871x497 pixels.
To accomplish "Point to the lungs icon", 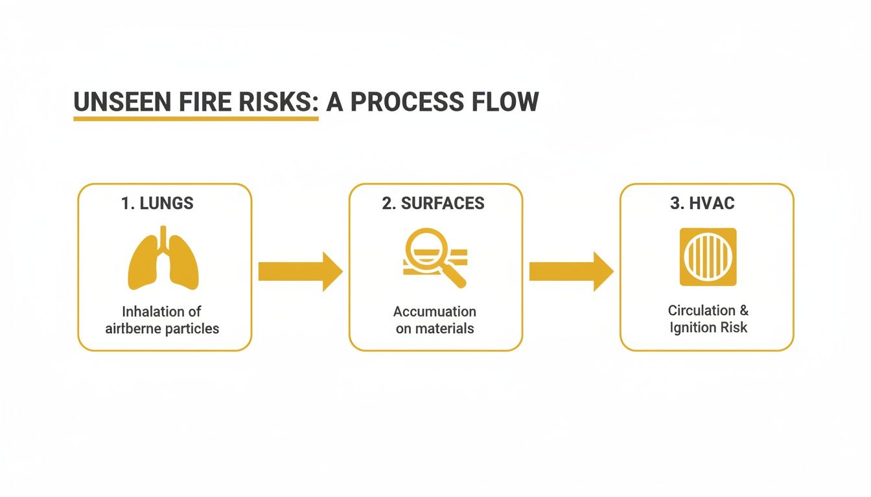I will coord(163,259).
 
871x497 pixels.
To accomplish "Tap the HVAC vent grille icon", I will coord(708,257).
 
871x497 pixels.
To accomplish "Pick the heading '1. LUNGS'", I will coord(157,203).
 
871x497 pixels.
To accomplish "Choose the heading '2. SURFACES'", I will coord(433,203).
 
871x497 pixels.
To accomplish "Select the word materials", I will coord(444,329).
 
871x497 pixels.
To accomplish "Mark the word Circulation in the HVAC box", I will coord(693,311).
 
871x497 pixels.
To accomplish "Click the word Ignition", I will coord(694,327).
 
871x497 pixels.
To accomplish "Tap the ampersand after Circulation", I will coord(743,311).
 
